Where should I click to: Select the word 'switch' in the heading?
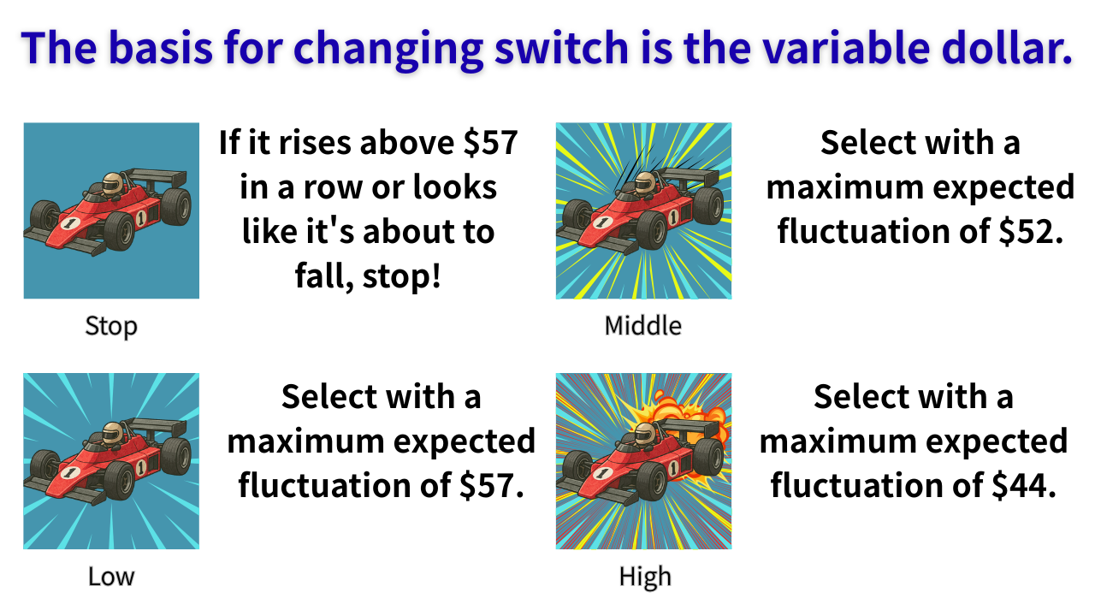point(562,47)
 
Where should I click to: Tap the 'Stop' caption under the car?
point(111,327)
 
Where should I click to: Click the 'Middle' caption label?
point(642,326)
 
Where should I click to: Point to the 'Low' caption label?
point(111,577)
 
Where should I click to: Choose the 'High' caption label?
point(645,577)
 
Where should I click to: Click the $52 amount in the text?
point(1030,231)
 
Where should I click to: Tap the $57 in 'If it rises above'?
point(490,143)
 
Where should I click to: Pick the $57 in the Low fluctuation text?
point(491,485)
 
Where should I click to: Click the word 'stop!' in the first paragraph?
point(402,276)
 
